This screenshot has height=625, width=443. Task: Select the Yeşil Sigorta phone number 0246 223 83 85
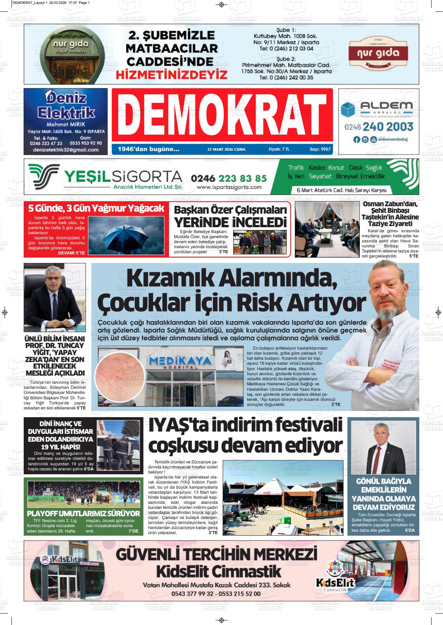point(229,178)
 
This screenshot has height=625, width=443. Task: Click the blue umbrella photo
point(126,235)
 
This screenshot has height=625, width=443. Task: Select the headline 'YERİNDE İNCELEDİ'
point(230,223)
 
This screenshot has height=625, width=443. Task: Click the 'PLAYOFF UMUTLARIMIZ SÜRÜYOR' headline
point(84,514)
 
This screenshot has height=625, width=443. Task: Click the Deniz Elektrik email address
point(66,150)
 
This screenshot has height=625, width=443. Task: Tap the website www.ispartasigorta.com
point(229,187)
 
